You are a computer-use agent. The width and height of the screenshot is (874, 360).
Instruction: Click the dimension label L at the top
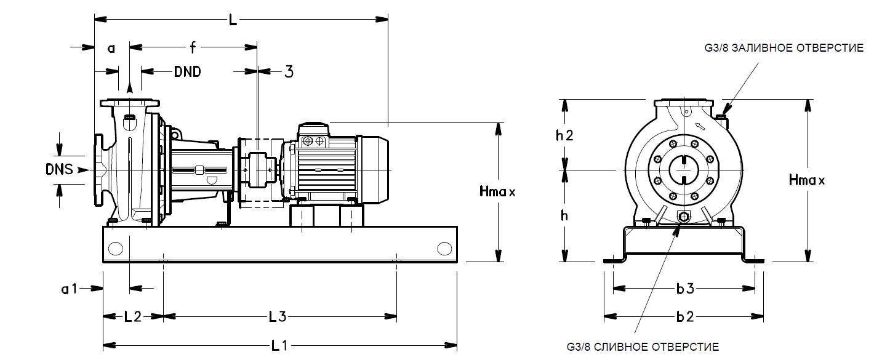(x=232, y=20)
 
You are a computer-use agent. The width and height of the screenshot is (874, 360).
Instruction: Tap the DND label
(x=187, y=71)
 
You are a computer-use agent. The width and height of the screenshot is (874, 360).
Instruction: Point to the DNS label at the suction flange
(x=59, y=169)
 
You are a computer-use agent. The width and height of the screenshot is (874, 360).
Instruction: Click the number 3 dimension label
(x=288, y=71)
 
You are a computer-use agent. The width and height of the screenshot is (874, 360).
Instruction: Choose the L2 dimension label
(x=133, y=317)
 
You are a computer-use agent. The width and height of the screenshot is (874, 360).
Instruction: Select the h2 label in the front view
(x=564, y=135)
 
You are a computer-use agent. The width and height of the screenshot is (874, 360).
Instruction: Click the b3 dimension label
(x=684, y=288)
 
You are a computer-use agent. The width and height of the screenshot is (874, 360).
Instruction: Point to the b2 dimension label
(x=684, y=317)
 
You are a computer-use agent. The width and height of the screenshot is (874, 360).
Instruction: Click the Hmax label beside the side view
(x=497, y=191)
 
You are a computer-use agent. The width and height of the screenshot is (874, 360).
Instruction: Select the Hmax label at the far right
(x=806, y=180)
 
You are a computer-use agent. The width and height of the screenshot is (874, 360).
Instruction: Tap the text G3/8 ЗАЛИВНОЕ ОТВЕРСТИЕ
(x=784, y=48)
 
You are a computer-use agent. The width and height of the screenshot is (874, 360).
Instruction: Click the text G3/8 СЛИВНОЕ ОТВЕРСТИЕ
(x=642, y=347)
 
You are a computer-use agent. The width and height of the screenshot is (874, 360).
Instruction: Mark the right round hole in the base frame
(x=444, y=249)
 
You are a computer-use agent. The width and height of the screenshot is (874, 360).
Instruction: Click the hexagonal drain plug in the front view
(x=683, y=217)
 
